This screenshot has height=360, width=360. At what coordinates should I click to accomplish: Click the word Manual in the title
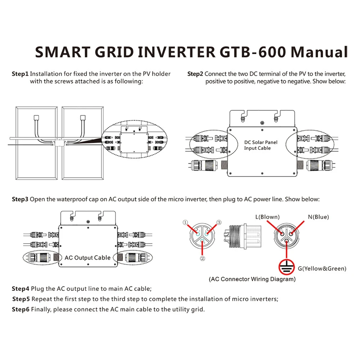(x=319, y=52)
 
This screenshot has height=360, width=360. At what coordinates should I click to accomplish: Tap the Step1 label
(x=20, y=74)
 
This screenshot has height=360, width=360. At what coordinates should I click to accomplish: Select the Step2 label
(x=195, y=74)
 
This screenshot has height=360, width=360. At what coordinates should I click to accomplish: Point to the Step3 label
(x=20, y=199)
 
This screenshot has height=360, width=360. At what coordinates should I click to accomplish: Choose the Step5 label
(x=21, y=299)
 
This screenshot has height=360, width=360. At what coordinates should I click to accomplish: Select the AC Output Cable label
(x=87, y=258)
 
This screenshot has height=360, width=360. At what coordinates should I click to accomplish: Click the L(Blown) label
(x=267, y=217)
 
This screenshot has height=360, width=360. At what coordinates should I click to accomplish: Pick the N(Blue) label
(x=318, y=217)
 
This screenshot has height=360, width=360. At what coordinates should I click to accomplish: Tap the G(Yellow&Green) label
(x=322, y=269)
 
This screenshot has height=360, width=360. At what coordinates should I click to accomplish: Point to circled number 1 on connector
(x=185, y=223)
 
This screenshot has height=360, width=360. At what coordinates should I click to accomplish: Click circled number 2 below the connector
(x=202, y=258)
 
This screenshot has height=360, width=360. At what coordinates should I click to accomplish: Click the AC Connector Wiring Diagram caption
(x=252, y=279)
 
